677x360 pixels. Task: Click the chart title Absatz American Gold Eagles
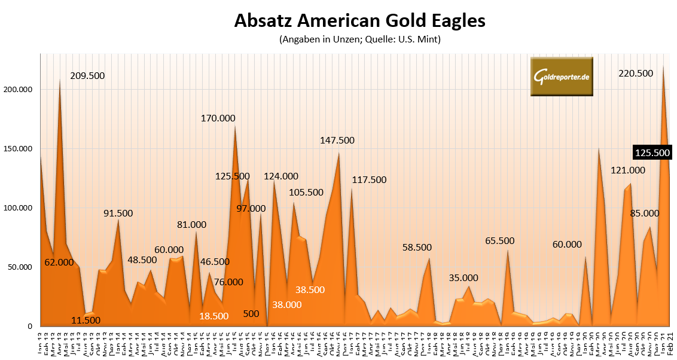(x=359, y=21)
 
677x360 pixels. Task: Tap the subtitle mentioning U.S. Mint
(x=359, y=40)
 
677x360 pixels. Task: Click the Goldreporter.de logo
(x=562, y=77)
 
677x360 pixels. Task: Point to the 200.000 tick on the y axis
(x=22, y=90)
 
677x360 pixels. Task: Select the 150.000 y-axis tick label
(x=22, y=149)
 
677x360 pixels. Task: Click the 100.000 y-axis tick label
(x=22, y=208)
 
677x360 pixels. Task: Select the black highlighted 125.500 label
(x=652, y=153)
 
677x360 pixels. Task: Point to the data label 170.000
(x=218, y=118)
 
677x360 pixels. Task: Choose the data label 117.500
(x=369, y=179)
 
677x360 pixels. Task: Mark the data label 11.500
(x=85, y=320)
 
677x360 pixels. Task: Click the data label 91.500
(x=118, y=213)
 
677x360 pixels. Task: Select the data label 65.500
(x=499, y=241)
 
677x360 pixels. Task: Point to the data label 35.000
(x=463, y=277)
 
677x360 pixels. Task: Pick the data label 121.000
(x=627, y=170)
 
